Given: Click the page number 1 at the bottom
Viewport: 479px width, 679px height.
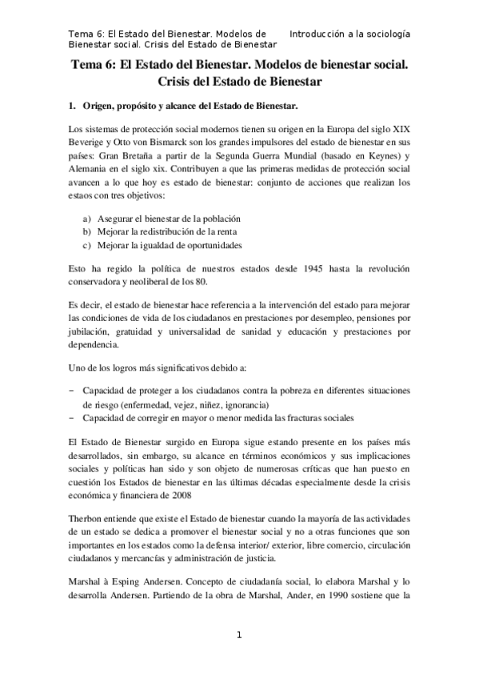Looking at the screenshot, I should click(x=238, y=636).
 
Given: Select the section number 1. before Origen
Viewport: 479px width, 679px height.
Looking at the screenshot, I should click(x=71, y=106).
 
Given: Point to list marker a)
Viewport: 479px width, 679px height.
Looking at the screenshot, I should click(x=86, y=219).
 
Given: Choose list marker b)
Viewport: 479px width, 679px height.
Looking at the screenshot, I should click(x=86, y=231).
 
